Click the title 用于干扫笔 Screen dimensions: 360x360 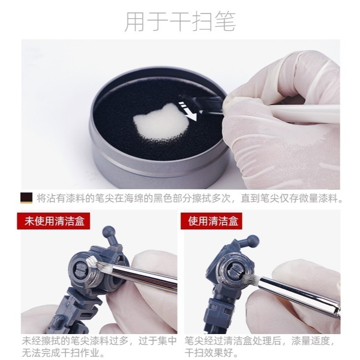(x=180, y=22)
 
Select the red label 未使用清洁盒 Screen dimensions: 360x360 (x=54, y=221)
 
